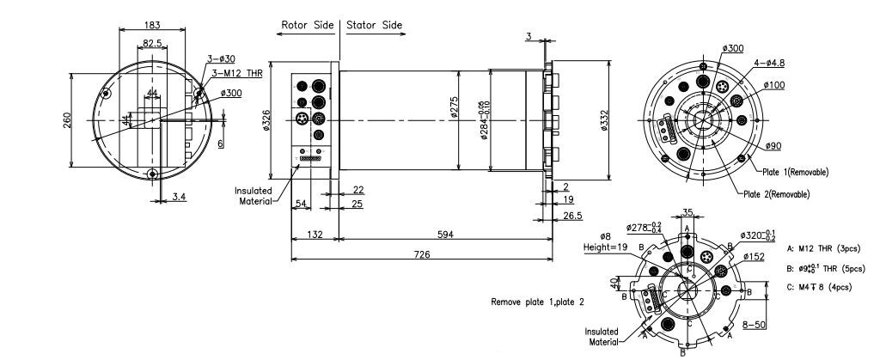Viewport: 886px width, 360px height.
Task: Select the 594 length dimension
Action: (x=444, y=234)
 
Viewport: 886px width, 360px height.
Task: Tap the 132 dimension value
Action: (x=315, y=234)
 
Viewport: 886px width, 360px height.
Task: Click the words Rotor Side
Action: (x=308, y=25)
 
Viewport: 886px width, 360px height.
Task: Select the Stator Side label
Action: (x=374, y=25)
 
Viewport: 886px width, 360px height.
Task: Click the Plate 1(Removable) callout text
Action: (x=796, y=172)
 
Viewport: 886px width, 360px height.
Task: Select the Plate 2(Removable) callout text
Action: (x=776, y=194)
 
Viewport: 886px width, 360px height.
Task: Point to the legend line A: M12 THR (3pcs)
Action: (x=825, y=249)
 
